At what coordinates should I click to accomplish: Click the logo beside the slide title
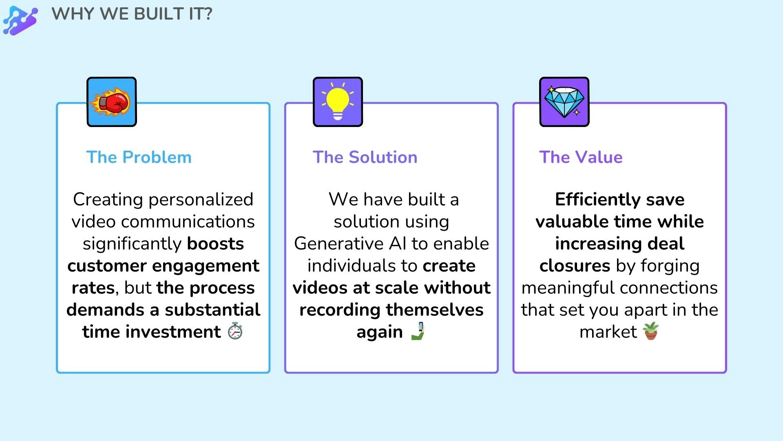point(20,20)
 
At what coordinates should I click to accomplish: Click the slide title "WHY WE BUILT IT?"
point(132,14)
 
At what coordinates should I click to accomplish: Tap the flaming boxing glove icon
point(111,102)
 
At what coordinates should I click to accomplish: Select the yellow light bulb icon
point(338,102)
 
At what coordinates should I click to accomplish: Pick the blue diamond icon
point(564,102)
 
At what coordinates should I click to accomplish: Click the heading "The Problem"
point(139,157)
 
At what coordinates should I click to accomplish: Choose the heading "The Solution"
point(365,157)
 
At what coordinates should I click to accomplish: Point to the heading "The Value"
point(581,157)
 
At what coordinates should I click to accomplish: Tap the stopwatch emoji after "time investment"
point(235,331)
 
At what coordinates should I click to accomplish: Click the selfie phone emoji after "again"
point(418,331)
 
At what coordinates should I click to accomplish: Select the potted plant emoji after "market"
point(651,331)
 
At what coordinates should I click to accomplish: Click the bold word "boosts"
point(215,244)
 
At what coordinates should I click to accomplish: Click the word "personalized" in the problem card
point(201,200)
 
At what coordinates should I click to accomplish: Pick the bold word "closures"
point(575,266)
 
